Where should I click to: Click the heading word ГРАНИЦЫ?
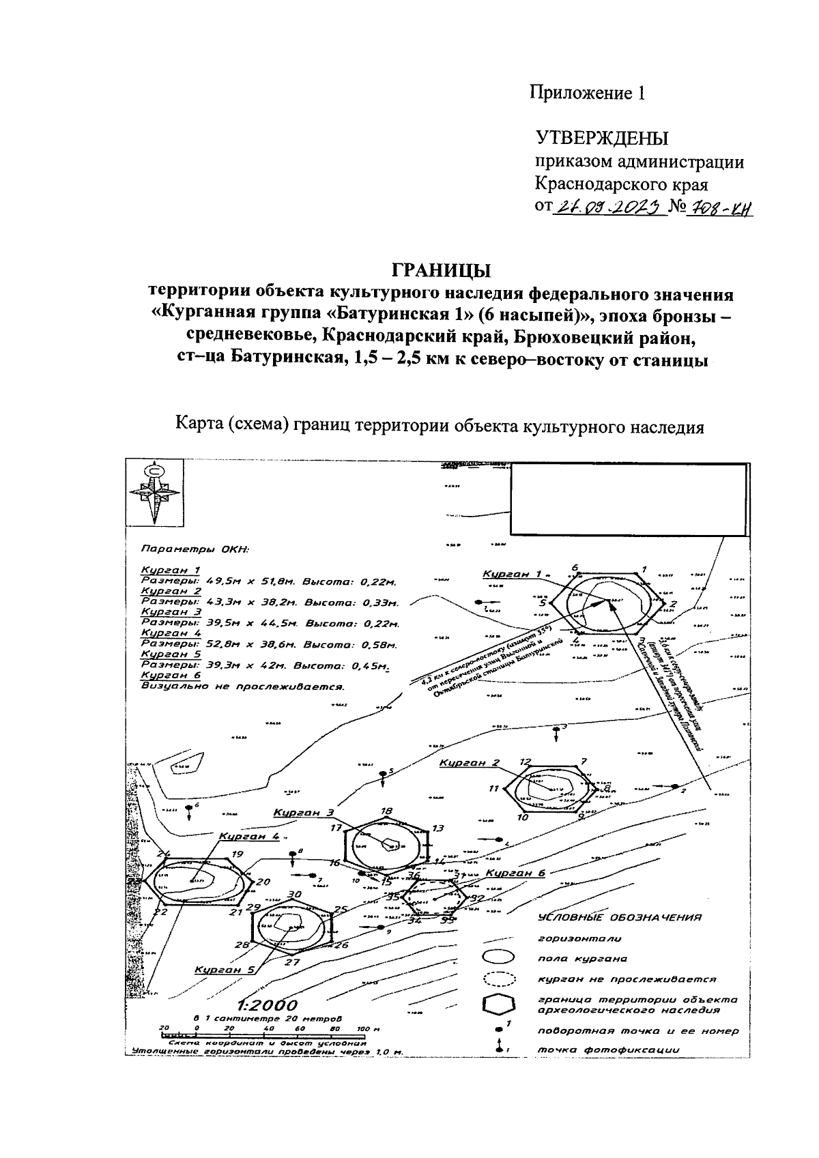pyautogui.click(x=441, y=271)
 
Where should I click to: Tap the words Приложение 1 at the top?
pyautogui.click(x=588, y=93)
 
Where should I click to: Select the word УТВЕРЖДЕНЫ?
pyautogui.click(x=602, y=139)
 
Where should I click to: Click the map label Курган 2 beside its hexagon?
pyautogui.click(x=470, y=763)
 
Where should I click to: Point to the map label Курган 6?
pyautogui.click(x=516, y=873)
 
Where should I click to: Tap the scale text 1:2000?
pyautogui.click(x=268, y=1005)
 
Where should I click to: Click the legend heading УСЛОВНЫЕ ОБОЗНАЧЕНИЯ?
pyautogui.click(x=619, y=918)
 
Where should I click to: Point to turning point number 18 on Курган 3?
pyautogui.click(x=387, y=812)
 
